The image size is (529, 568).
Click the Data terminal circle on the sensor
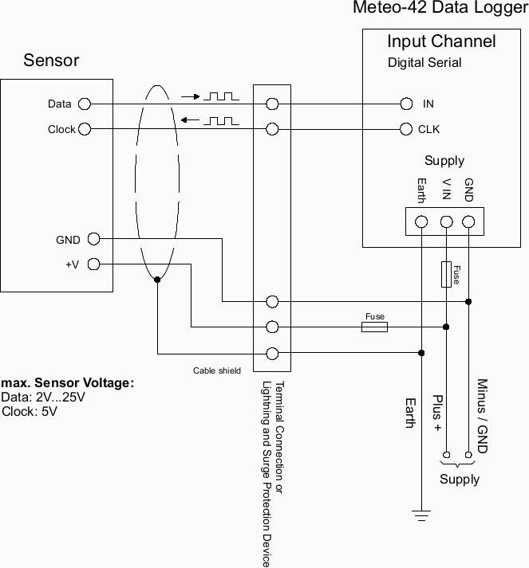84,104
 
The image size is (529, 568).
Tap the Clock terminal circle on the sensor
85,128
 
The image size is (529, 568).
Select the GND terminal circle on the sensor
93,238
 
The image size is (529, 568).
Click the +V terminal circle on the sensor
93,264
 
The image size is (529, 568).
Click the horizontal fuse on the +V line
374,327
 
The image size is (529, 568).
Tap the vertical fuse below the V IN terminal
446,274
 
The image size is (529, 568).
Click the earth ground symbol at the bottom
420,515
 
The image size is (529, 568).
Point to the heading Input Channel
441,41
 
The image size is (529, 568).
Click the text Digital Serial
424,62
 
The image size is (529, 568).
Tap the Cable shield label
216,370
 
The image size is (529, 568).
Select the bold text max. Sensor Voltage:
68,383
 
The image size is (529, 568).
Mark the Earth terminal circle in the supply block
420,221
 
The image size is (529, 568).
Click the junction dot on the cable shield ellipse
157,280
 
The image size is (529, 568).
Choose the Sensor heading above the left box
51,61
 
